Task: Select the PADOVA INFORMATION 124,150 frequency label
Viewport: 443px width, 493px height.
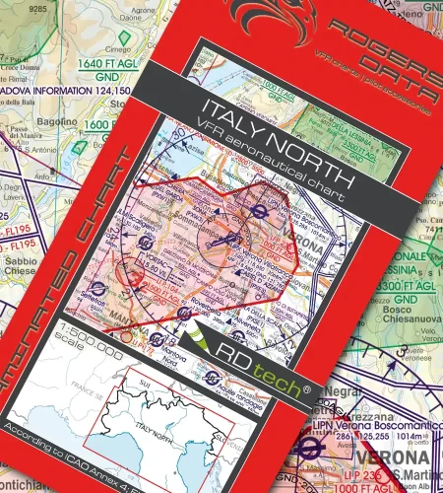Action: [x=64, y=91]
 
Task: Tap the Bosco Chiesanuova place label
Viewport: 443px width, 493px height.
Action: [x=404, y=301]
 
